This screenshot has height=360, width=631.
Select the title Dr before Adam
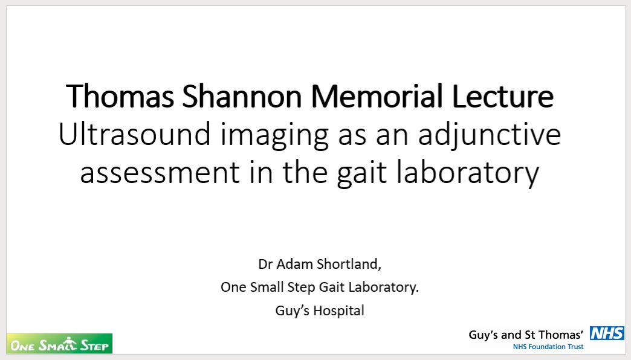tap(265, 264)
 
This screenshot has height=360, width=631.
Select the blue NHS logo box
tap(607, 333)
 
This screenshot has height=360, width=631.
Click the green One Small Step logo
tap(59, 344)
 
